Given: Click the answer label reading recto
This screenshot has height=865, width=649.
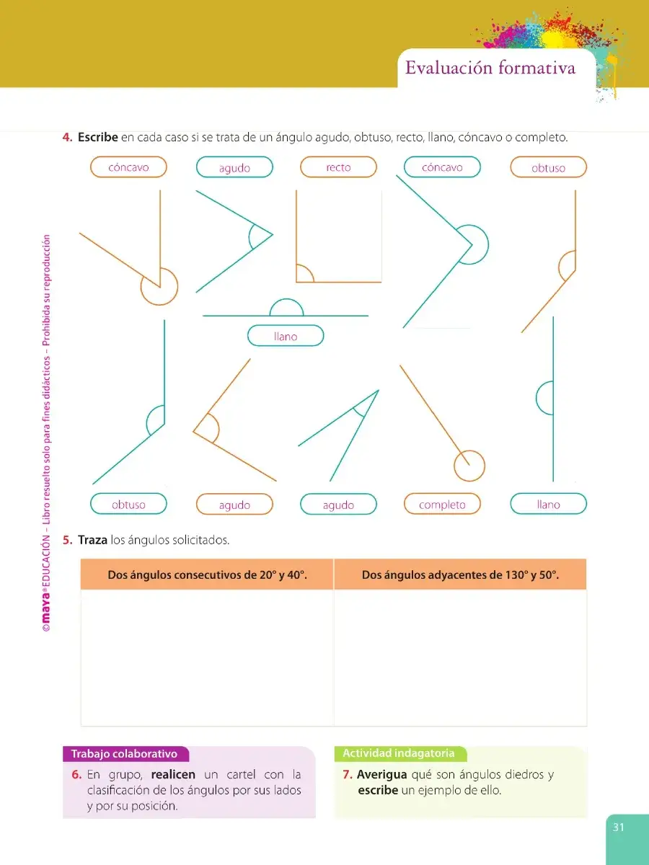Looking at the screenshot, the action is coord(338,167).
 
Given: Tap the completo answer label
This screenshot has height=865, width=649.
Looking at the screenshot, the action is coord(442,504).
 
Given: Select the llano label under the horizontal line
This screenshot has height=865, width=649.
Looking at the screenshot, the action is coord(286,336).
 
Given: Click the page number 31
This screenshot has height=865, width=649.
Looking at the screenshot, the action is coord(618,828).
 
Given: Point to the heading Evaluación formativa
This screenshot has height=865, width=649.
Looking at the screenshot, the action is coord(490,68).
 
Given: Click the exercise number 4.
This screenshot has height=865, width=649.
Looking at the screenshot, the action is coord(67,137).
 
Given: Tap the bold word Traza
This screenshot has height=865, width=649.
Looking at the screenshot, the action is coord(92,539).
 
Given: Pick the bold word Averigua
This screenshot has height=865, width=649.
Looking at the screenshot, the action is coord(382,774).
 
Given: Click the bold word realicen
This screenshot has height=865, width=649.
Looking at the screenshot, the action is coord(173,774).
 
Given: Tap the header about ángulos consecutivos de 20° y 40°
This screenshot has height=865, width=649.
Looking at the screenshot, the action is coord(207,575).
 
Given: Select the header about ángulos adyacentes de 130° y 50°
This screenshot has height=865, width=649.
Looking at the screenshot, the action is coord(460,575).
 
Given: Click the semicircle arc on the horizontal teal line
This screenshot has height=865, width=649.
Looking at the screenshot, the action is coord(286,299).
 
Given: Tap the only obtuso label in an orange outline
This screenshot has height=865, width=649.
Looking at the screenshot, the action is coord(549,167).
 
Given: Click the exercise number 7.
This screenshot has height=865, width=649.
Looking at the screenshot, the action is coord(347,775).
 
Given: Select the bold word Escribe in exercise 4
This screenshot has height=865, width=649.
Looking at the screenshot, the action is coord(98,137).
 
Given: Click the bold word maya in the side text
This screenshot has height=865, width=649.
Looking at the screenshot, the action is coord(46,606).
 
